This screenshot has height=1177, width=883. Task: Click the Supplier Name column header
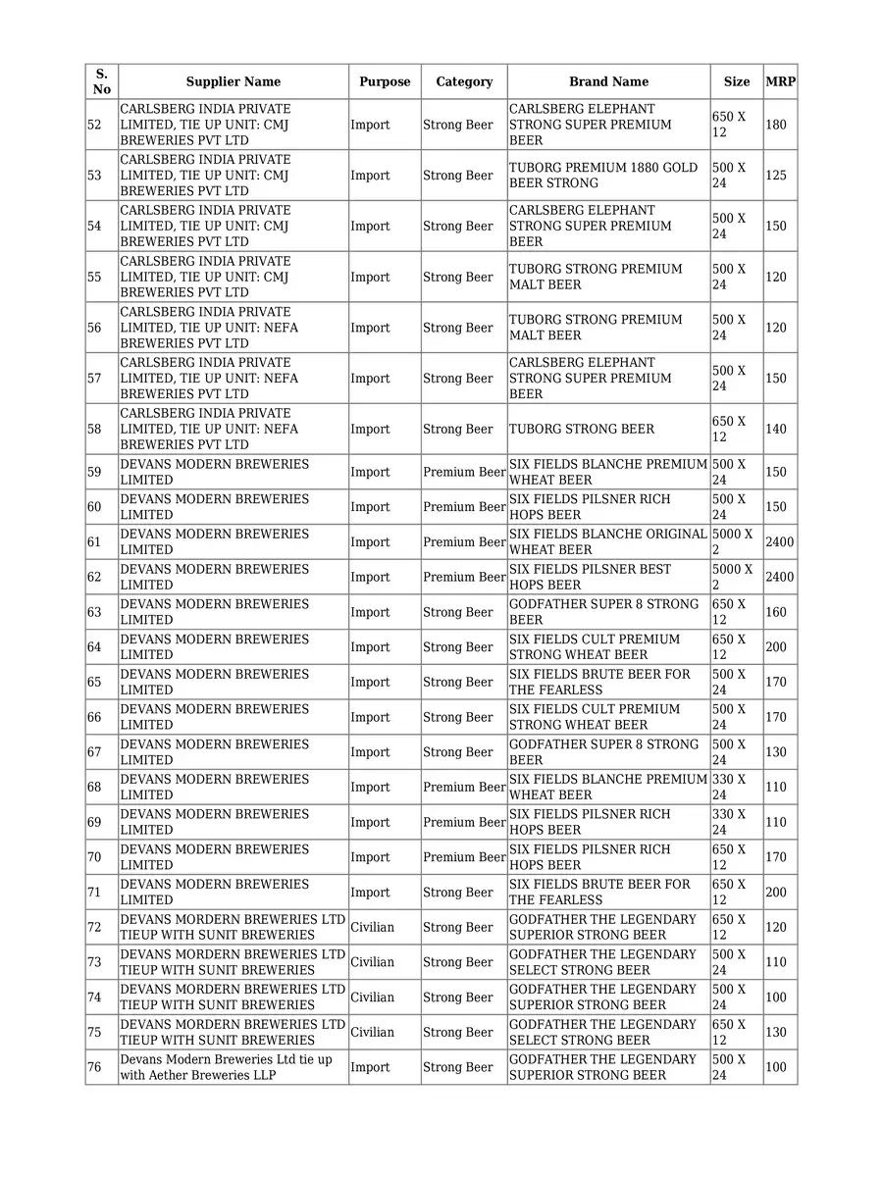pyautogui.click(x=233, y=81)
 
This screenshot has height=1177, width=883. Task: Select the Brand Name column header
pyautogui.click(x=608, y=81)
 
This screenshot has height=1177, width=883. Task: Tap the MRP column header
pyautogui.click(x=780, y=81)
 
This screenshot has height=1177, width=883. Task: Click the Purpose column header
pyautogui.click(x=385, y=81)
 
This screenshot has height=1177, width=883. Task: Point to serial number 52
pyautogui.click(x=94, y=125)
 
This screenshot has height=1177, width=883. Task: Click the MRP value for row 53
pyautogui.click(x=776, y=176)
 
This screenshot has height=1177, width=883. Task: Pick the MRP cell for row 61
pyautogui.click(x=779, y=541)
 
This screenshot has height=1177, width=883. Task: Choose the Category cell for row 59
pyautogui.click(x=464, y=472)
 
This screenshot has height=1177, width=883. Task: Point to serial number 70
pyautogui.click(x=94, y=857)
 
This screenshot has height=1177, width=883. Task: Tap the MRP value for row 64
pyautogui.click(x=776, y=647)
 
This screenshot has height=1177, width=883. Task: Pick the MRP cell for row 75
pyautogui.click(x=776, y=1032)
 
